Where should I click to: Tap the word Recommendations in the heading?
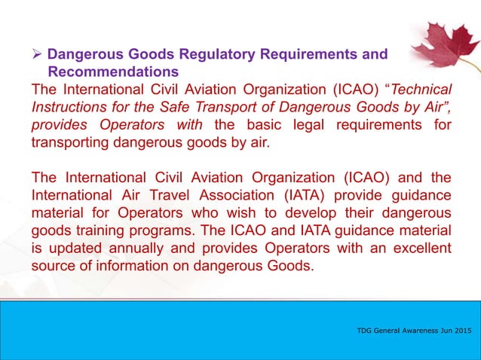tap(113, 72)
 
